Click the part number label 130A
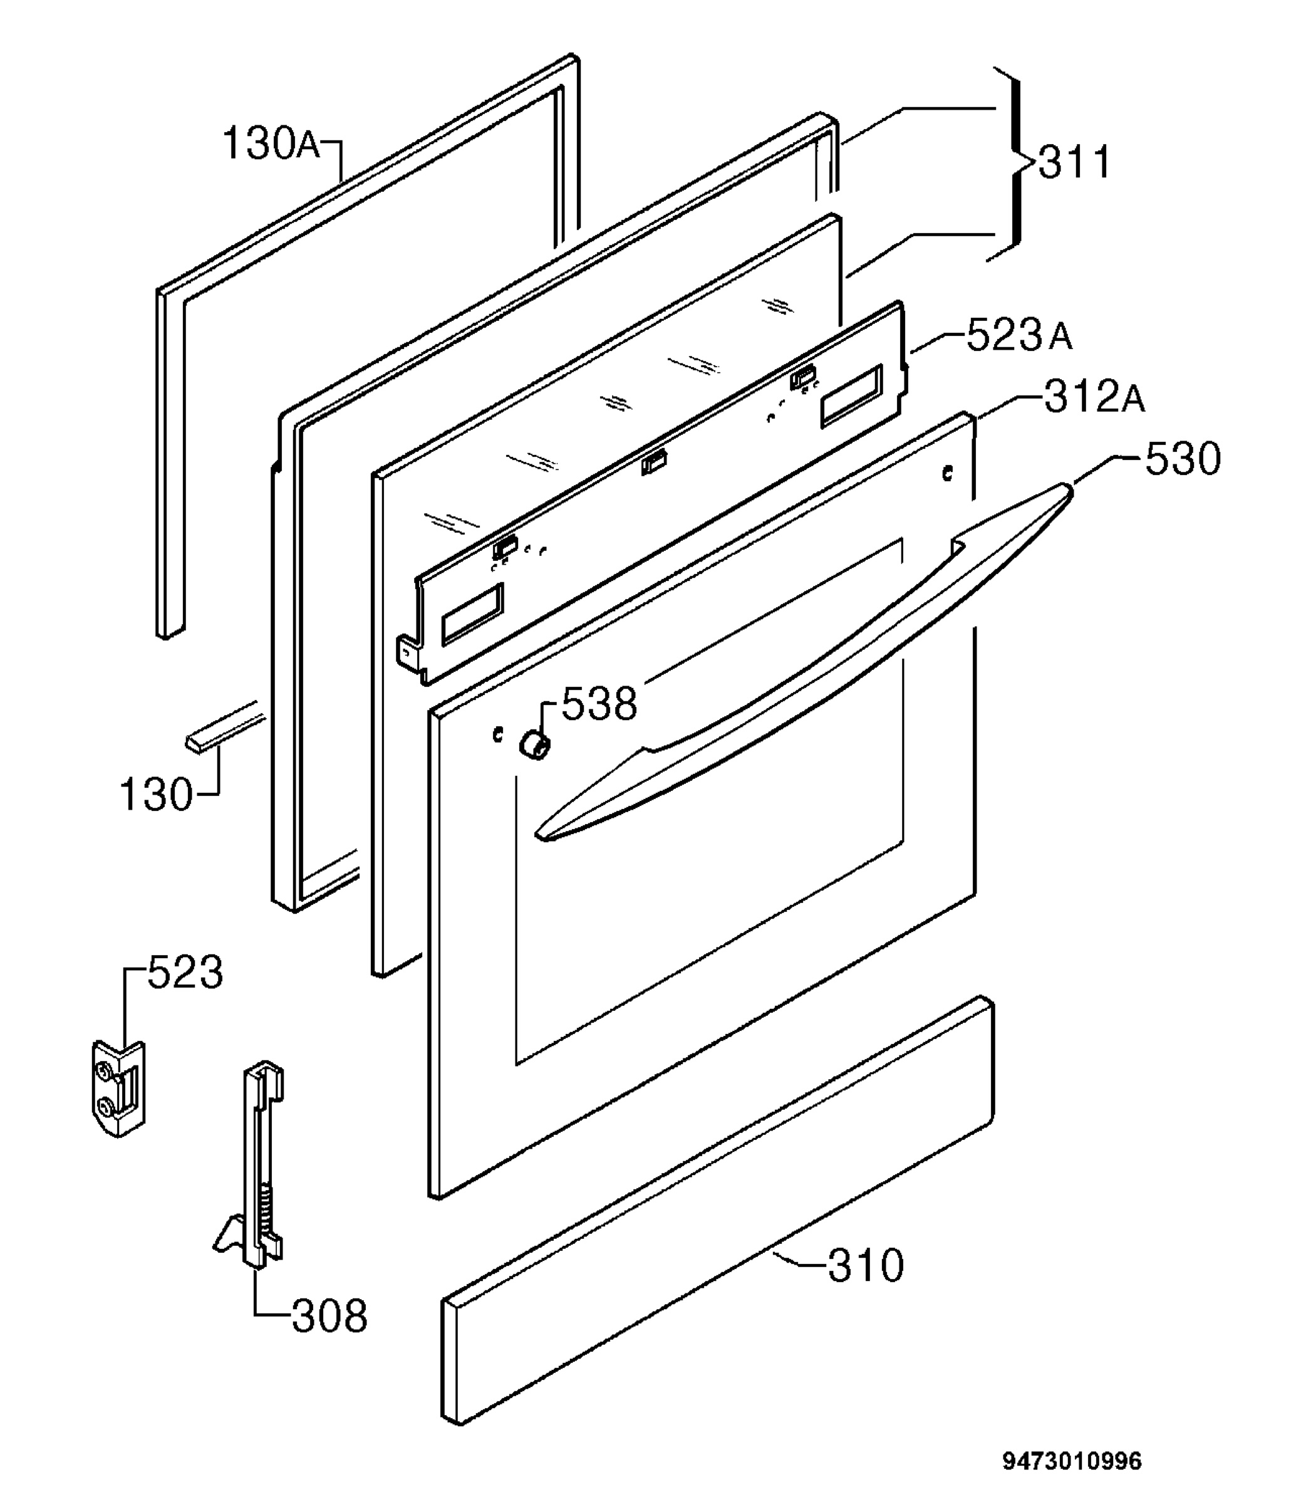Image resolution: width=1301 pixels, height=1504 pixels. tap(271, 143)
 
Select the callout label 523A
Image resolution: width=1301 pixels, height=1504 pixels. tap(1019, 335)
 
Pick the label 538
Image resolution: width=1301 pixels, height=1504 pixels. tap(599, 703)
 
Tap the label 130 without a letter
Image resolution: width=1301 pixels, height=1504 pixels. tap(156, 794)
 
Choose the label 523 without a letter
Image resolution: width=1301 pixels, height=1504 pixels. tap(185, 973)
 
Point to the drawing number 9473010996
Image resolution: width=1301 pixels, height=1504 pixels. tap(1072, 1460)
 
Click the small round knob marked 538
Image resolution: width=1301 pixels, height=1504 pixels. tap(534, 745)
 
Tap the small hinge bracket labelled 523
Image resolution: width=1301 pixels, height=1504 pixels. tap(119, 1088)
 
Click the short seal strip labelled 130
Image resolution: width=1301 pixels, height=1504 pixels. tap(224, 726)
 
